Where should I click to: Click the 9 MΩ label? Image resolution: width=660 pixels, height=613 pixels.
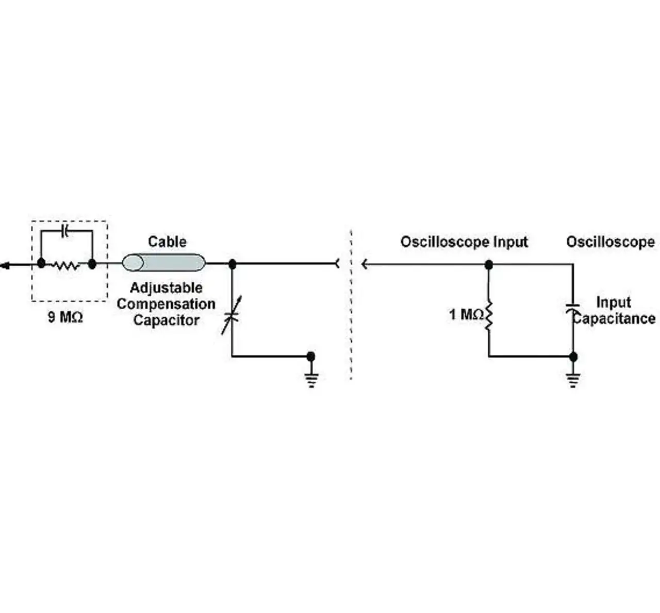[x=65, y=317]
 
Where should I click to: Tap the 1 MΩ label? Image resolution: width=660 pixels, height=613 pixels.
[x=466, y=314]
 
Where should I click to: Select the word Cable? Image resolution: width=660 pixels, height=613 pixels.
[x=167, y=242]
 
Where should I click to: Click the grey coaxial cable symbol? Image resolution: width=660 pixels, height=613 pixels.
[x=163, y=263]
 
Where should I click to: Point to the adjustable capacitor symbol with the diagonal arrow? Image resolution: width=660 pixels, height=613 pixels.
[x=232, y=315]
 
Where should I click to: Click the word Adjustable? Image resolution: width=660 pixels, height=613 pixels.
[x=166, y=288]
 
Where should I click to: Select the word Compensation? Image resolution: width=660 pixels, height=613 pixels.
[x=166, y=304]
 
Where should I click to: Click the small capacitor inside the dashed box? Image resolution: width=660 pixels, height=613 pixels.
[x=66, y=231]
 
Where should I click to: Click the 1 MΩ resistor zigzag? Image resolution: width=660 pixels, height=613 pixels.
[x=488, y=315]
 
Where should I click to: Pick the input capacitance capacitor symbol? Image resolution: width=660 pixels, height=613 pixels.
[x=572, y=309]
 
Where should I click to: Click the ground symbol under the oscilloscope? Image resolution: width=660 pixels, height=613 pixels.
[x=573, y=381]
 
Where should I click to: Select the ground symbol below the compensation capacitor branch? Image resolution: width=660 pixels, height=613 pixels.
[x=311, y=381]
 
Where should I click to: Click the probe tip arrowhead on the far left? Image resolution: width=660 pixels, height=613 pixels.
[x=5, y=265]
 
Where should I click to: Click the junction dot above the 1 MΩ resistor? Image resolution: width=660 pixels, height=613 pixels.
[x=488, y=265]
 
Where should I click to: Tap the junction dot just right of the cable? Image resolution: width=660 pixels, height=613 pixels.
[x=233, y=264]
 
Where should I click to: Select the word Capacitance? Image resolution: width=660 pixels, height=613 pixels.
[x=614, y=318]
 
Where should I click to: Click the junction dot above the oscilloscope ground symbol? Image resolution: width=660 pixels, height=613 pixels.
[x=573, y=356]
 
